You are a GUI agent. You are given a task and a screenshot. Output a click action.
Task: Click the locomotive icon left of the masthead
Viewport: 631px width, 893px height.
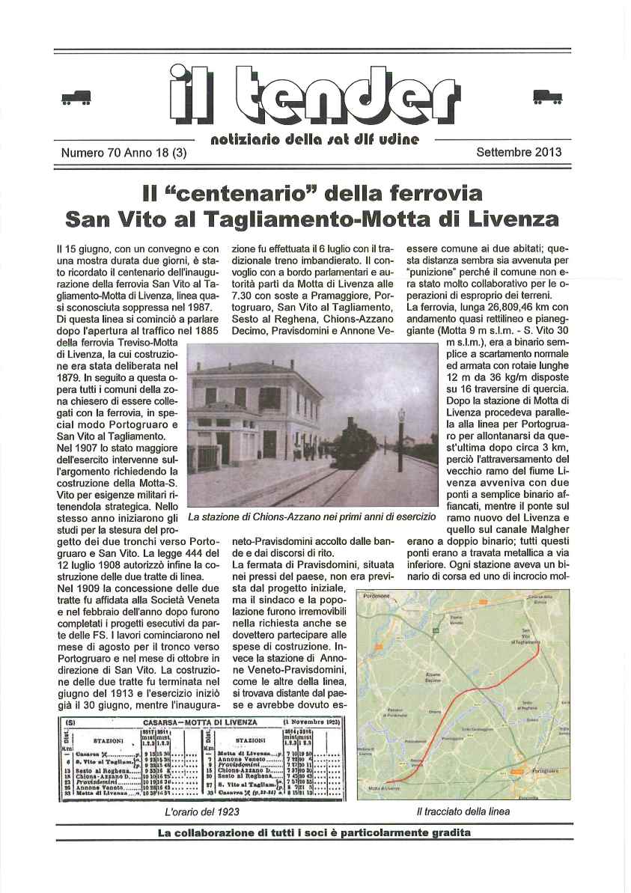point(76,98)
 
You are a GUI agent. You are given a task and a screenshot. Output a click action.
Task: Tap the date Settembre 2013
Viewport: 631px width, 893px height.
point(519,151)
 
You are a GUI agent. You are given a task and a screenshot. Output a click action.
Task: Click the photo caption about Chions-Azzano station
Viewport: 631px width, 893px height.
point(311,517)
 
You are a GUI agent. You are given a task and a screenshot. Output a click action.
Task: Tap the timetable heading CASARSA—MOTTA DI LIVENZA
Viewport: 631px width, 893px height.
point(199,722)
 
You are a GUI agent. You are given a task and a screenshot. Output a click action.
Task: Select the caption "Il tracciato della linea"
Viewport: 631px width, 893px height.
point(453,811)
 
